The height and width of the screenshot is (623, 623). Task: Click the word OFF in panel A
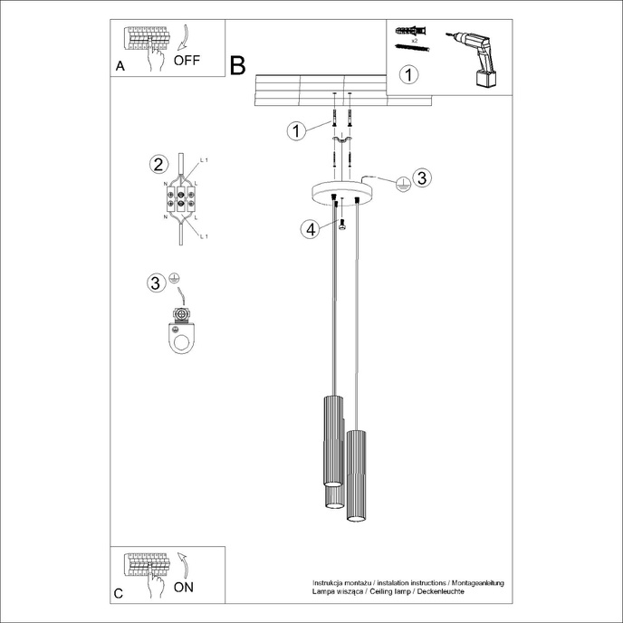(186, 62)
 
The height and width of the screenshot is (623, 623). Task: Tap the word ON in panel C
(183, 587)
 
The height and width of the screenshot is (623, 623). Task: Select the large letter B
(238, 65)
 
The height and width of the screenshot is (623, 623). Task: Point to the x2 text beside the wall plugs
(412, 42)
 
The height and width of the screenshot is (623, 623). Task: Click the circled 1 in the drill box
(410, 74)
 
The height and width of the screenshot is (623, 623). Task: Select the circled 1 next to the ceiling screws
(295, 130)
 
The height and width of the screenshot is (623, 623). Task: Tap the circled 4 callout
(311, 230)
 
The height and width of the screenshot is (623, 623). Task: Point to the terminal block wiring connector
(182, 198)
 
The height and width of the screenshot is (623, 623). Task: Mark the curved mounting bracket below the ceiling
(342, 144)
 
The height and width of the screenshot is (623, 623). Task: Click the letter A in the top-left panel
(120, 67)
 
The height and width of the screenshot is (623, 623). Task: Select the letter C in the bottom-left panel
(120, 593)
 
